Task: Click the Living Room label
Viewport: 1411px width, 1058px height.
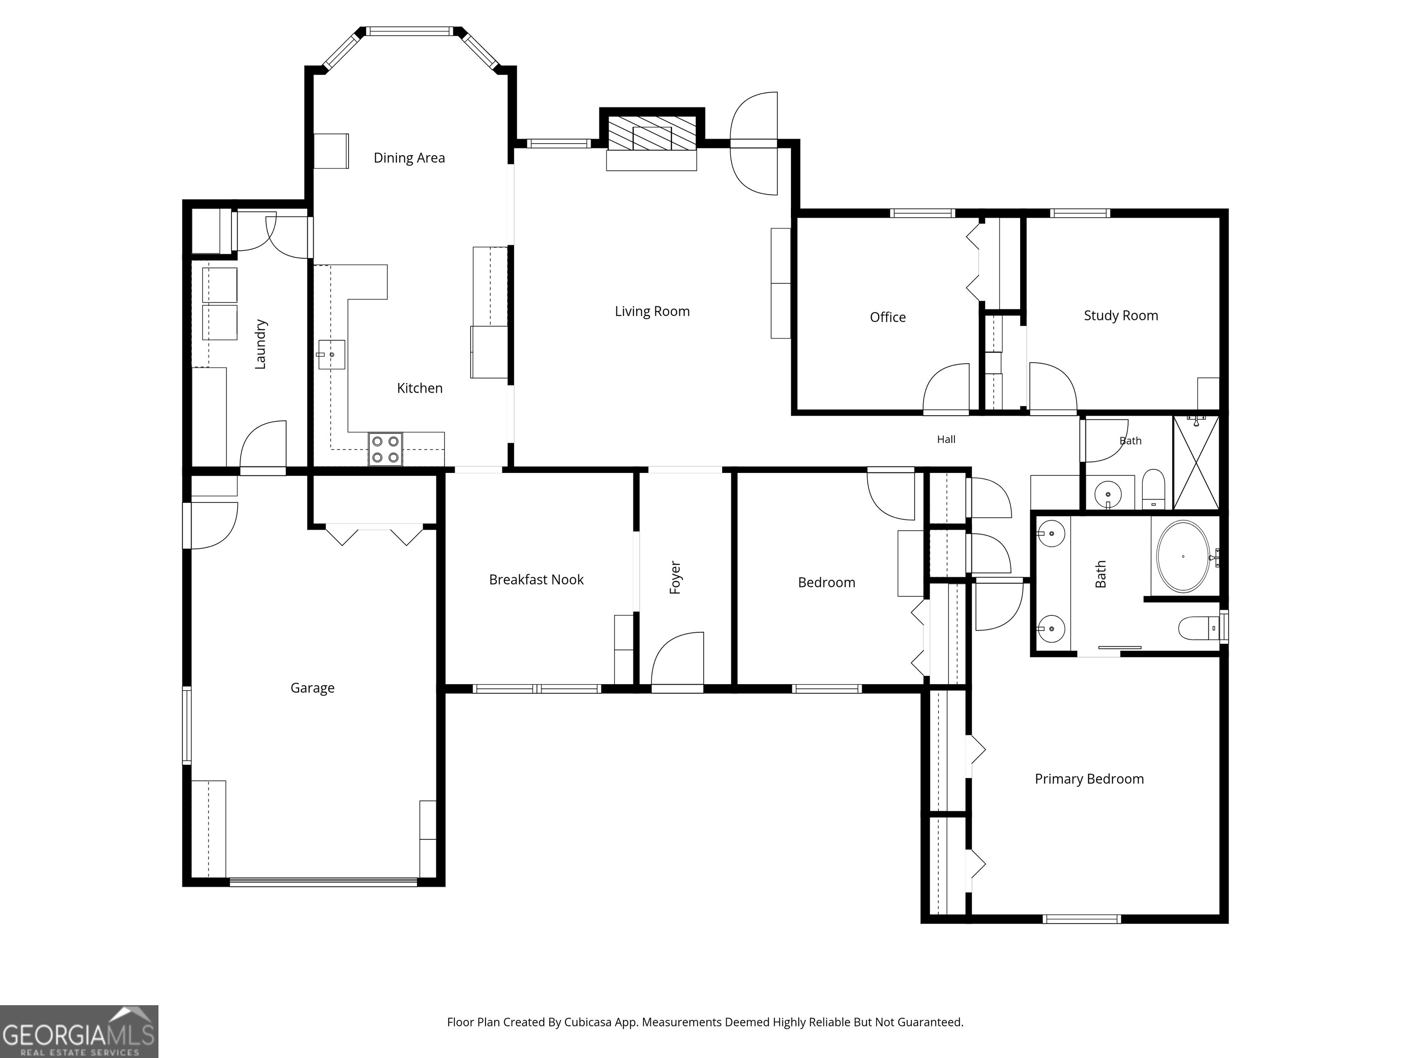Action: coord(652,311)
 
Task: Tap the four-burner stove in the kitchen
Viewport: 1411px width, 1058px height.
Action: coord(385,449)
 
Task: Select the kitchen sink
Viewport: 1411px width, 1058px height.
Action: coord(331,355)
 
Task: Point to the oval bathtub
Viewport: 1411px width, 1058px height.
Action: coord(1183,557)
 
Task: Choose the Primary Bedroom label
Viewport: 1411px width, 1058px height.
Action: coord(1089,779)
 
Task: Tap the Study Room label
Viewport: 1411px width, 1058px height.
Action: coord(1121,315)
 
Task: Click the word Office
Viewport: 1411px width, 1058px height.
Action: coord(887,317)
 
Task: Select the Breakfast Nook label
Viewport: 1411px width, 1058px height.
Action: coord(536,580)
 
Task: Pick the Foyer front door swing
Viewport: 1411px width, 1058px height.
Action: coord(677,660)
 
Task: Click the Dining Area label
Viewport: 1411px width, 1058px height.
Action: coord(409,158)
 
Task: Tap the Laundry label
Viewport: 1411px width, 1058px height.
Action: coord(260,344)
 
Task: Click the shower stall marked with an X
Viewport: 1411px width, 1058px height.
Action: coord(1196,462)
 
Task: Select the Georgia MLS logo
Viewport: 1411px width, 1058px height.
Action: coord(79,1032)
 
